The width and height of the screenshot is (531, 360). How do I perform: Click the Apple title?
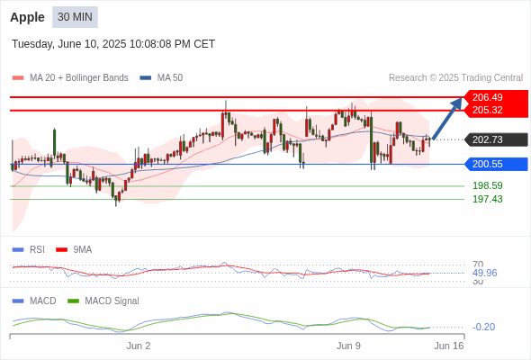27,17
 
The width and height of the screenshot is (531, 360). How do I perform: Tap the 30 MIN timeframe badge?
75,17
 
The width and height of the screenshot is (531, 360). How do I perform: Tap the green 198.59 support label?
487,185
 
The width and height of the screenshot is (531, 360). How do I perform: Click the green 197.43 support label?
487,199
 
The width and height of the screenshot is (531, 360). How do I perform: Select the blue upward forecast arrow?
447,119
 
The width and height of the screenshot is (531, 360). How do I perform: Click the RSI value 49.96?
484,273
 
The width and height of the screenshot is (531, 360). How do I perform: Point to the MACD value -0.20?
483,327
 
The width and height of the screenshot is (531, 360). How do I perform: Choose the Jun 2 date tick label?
139,346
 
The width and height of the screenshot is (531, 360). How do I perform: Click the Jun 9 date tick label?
348,346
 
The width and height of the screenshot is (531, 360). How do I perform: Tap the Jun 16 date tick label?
449,346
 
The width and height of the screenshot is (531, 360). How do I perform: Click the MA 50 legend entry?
161,78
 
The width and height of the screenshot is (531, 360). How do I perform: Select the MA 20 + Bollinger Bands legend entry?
70,78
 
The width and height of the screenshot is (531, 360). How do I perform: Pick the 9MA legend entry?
74,249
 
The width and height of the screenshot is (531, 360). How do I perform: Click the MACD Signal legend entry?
103,301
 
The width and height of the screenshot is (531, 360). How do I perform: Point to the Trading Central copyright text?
455,78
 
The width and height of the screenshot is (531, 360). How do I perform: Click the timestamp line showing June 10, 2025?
113,44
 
